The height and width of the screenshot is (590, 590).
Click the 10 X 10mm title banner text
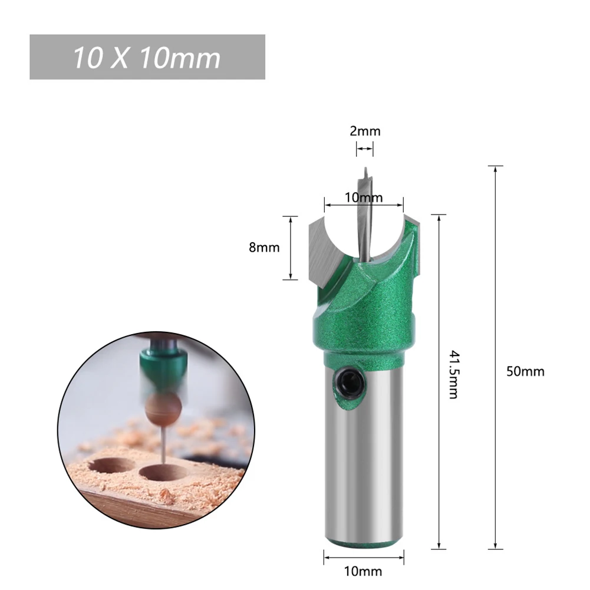click(x=147, y=58)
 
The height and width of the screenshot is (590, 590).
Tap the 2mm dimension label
click(x=365, y=131)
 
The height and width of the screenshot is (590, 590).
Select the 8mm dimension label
click(x=264, y=248)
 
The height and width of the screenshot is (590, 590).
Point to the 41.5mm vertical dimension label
click(x=453, y=374)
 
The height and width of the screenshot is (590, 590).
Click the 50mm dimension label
click(x=525, y=371)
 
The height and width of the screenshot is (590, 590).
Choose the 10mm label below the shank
click(x=364, y=571)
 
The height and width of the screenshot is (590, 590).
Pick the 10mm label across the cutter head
click(x=364, y=197)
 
